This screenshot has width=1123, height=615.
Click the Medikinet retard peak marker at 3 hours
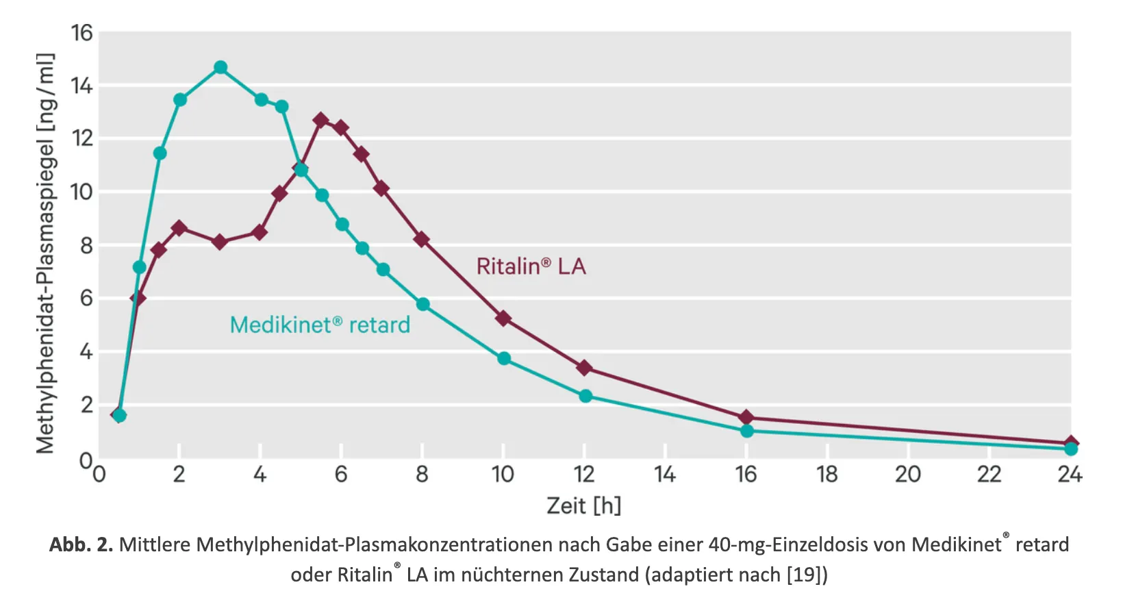point(220,67)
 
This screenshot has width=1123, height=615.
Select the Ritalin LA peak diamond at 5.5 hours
point(320,121)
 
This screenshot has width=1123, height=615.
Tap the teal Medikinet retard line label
point(320,325)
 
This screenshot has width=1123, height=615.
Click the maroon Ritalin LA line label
point(531,266)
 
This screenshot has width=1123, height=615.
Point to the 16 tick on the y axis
point(81,33)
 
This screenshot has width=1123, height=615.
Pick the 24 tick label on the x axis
point(1070,475)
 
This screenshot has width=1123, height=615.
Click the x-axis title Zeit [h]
point(583,506)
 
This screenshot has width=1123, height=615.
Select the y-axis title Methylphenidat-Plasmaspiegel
point(45,253)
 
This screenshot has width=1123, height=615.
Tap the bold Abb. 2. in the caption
point(81,545)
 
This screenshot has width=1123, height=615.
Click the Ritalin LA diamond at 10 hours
point(503,318)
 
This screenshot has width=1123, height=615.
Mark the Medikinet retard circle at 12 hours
point(585,396)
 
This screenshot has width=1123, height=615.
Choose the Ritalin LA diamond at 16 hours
point(746,418)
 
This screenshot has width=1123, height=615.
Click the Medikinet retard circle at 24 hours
point(1071,449)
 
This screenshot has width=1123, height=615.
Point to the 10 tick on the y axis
point(81,192)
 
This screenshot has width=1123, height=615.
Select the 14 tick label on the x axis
point(665,475)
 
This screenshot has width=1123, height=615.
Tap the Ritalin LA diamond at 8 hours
point(422,240)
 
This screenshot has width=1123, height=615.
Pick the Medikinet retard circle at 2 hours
point(180,100)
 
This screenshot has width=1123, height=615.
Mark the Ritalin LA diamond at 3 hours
point(220,242)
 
